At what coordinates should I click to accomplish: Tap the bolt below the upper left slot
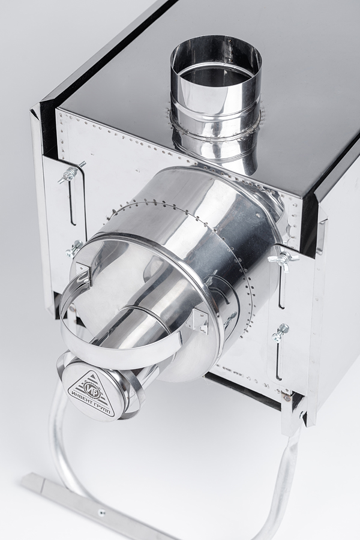tap(74, 248)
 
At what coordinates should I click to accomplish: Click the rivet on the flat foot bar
tap(101, 512)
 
